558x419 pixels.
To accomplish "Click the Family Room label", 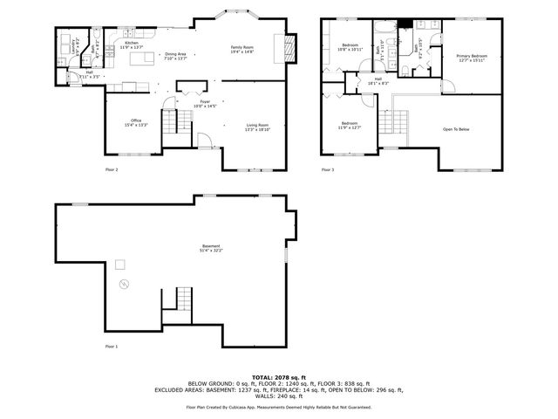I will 242,49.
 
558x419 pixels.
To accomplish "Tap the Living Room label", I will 257,127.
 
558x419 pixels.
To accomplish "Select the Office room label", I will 136,122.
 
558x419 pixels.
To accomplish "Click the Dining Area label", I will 176,56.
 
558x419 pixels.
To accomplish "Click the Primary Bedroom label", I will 472,58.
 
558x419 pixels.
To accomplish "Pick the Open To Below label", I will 456,129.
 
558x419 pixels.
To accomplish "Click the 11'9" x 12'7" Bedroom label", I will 349,125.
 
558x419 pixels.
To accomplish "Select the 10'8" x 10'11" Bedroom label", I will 350,46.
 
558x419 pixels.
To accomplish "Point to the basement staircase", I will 178,301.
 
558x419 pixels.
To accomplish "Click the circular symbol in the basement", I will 123,284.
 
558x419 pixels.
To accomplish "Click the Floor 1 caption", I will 111,347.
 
